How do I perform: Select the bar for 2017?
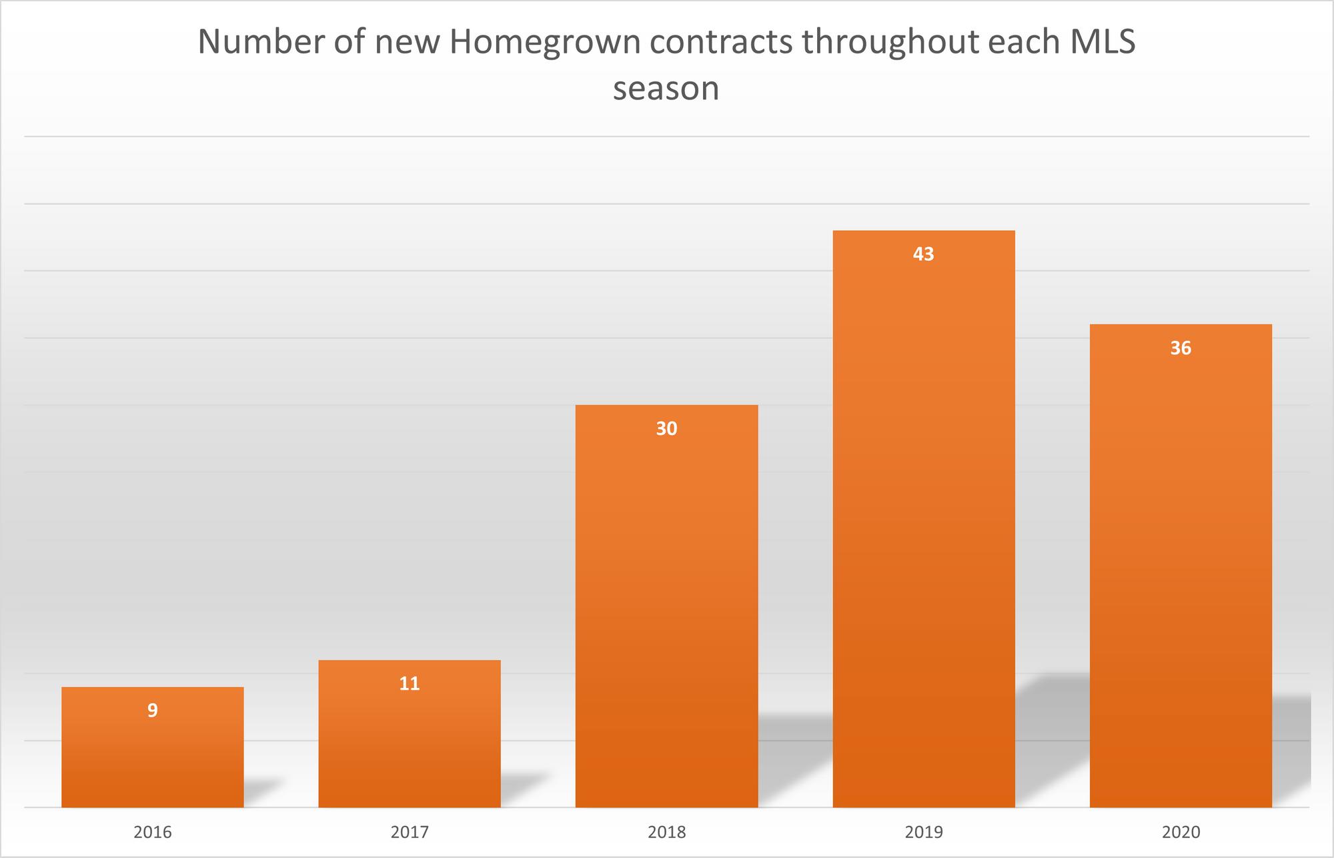pos(410,741)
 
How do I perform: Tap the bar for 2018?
pos(666,614)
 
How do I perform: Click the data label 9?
pos(153,711)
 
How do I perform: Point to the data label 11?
pos(410,684)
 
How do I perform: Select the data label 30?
pos(666,429)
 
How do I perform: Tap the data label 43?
pos(924,254)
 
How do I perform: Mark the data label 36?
pos(1181,348)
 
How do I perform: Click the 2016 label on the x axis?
pos(153,833)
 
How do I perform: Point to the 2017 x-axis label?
pos(410,833)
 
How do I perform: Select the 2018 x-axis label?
pos(666,833)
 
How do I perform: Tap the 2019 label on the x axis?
pos(924,833)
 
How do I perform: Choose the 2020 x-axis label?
pos(1181,833)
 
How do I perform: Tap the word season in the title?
pos(666,89)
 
